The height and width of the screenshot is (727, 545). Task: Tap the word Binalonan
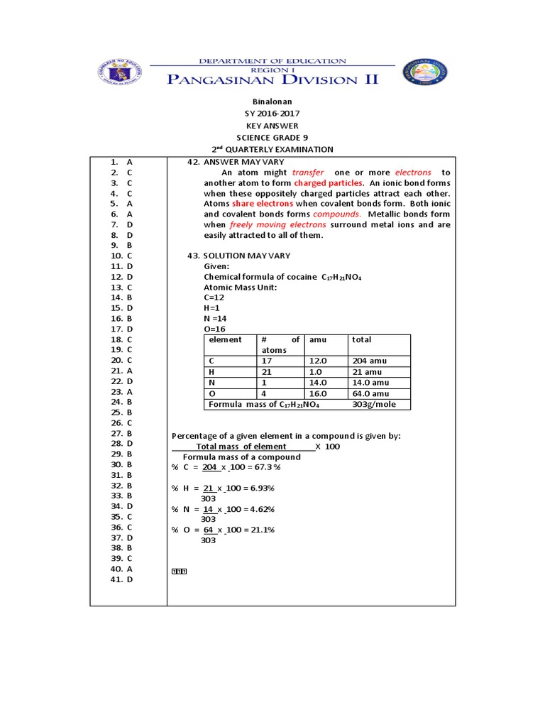pyautogui.click(x=272, y=102)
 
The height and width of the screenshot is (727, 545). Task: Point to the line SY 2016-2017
pyautogui.click(x=272, y=114)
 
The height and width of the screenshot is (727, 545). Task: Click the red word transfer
pyautogui.click(x=308, y=173)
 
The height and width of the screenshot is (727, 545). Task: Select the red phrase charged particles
pyautogui.click(x=333, y=183)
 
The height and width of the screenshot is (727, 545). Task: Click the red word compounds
pyautogui.click(x=337, y=214)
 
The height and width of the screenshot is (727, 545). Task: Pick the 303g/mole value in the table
pyautogui.click(x=374, y=405)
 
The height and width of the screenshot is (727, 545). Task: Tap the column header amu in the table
pyautogui.click(x=316, y=340)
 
